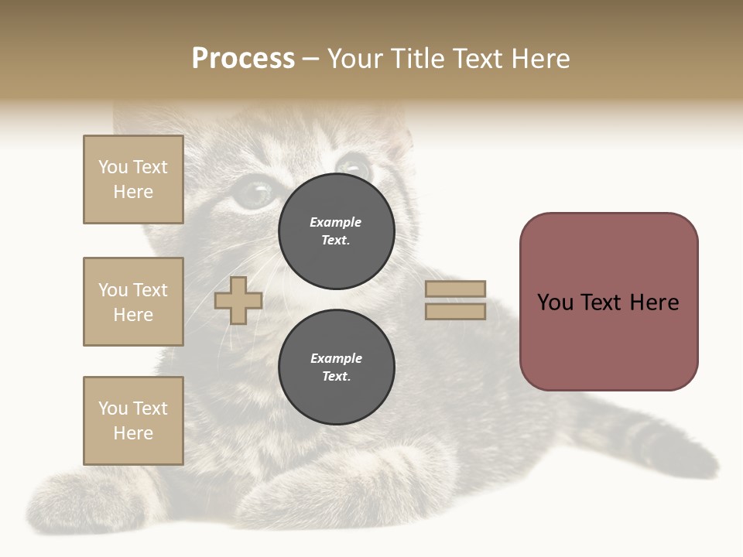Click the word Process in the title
pos(243,59)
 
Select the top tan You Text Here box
pos(133,179)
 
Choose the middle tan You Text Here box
pos(133,302)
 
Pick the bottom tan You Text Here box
pos(133,421)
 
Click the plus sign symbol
pos(238,300)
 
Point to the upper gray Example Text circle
pos(337,231)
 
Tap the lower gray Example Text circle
pos(337,367)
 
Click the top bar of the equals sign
pos(455,289)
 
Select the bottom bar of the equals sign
pos(455,312)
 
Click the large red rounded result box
pos(608,302)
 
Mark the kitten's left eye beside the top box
pos(252,193)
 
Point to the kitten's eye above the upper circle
pos(353,166)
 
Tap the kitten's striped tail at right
pos(658,441)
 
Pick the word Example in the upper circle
pos(336,222)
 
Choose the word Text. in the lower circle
pos(337,376)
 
